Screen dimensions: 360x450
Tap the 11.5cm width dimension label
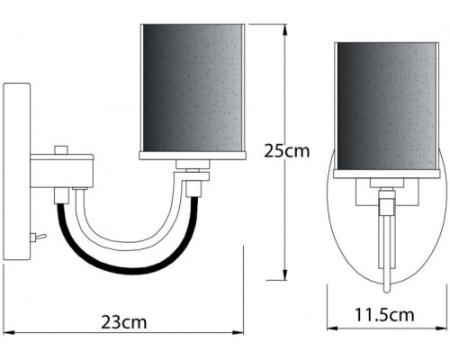point(383,315)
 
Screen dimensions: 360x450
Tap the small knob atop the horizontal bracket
point(61,149)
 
